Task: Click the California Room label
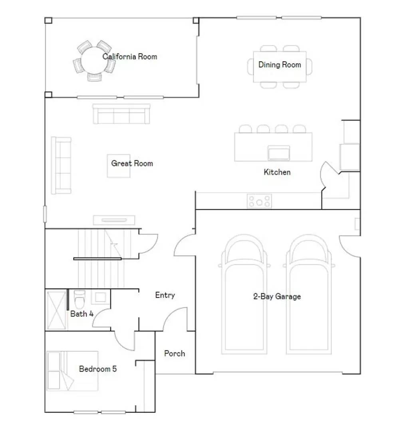coord(130,56)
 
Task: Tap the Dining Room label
coord(280,64)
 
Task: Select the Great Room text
coord(132,163)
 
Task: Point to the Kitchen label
coord(277,172)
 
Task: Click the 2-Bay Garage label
coord(277,296)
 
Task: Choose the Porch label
coord(175,353)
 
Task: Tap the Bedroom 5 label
coord(98,369)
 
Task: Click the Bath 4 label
coord(82,314)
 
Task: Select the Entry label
coord(165,295)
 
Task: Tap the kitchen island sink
coord(279,153)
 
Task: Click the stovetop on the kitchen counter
coord(259,201)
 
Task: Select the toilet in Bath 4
coord(80,297)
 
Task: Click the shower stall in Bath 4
coord(56,310)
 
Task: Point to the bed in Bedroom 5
coord(72,371)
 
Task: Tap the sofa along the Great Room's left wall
coord(61,165)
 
